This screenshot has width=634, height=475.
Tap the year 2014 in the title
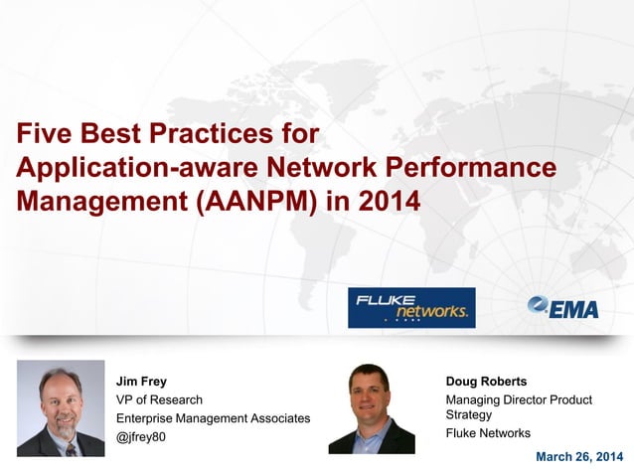(x=389, y=200)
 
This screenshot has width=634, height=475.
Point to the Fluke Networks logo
(x=411, y=308)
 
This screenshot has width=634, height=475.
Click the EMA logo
(x=563, y=308)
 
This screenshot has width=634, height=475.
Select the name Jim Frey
(x=141, y=382)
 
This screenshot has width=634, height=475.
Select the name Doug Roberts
(x=486, y=382)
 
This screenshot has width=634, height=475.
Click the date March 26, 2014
(x=579, y=456)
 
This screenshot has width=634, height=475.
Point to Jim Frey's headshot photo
(x=61, y=408)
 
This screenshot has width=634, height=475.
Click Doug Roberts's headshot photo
(x=371, y=408)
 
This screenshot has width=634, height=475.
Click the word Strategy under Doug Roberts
(x=469, y=414)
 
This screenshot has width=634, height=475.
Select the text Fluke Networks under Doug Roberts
(x=488, y=433)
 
